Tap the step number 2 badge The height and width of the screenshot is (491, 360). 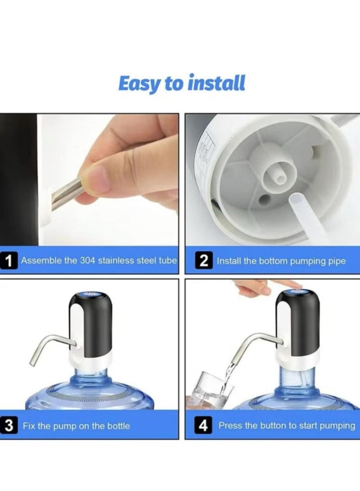click(x=203, y=261)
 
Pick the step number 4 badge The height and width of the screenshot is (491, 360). click(x=203, y=425)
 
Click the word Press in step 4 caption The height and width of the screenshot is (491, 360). click(x=229, y=425)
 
